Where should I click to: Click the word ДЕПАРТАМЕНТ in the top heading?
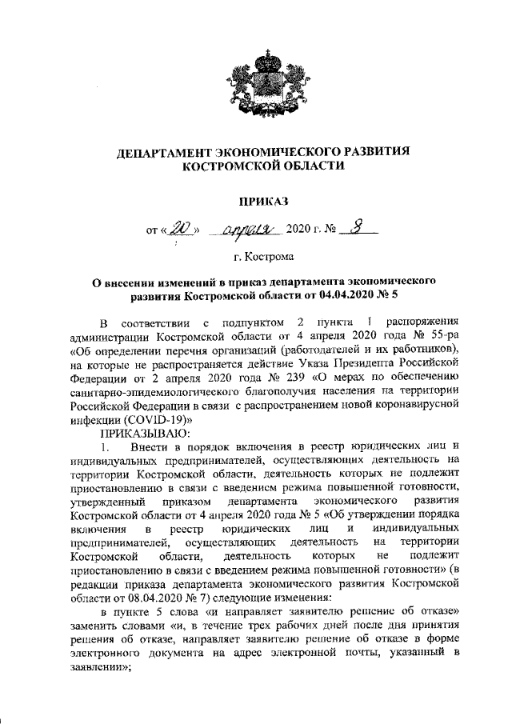170,151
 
